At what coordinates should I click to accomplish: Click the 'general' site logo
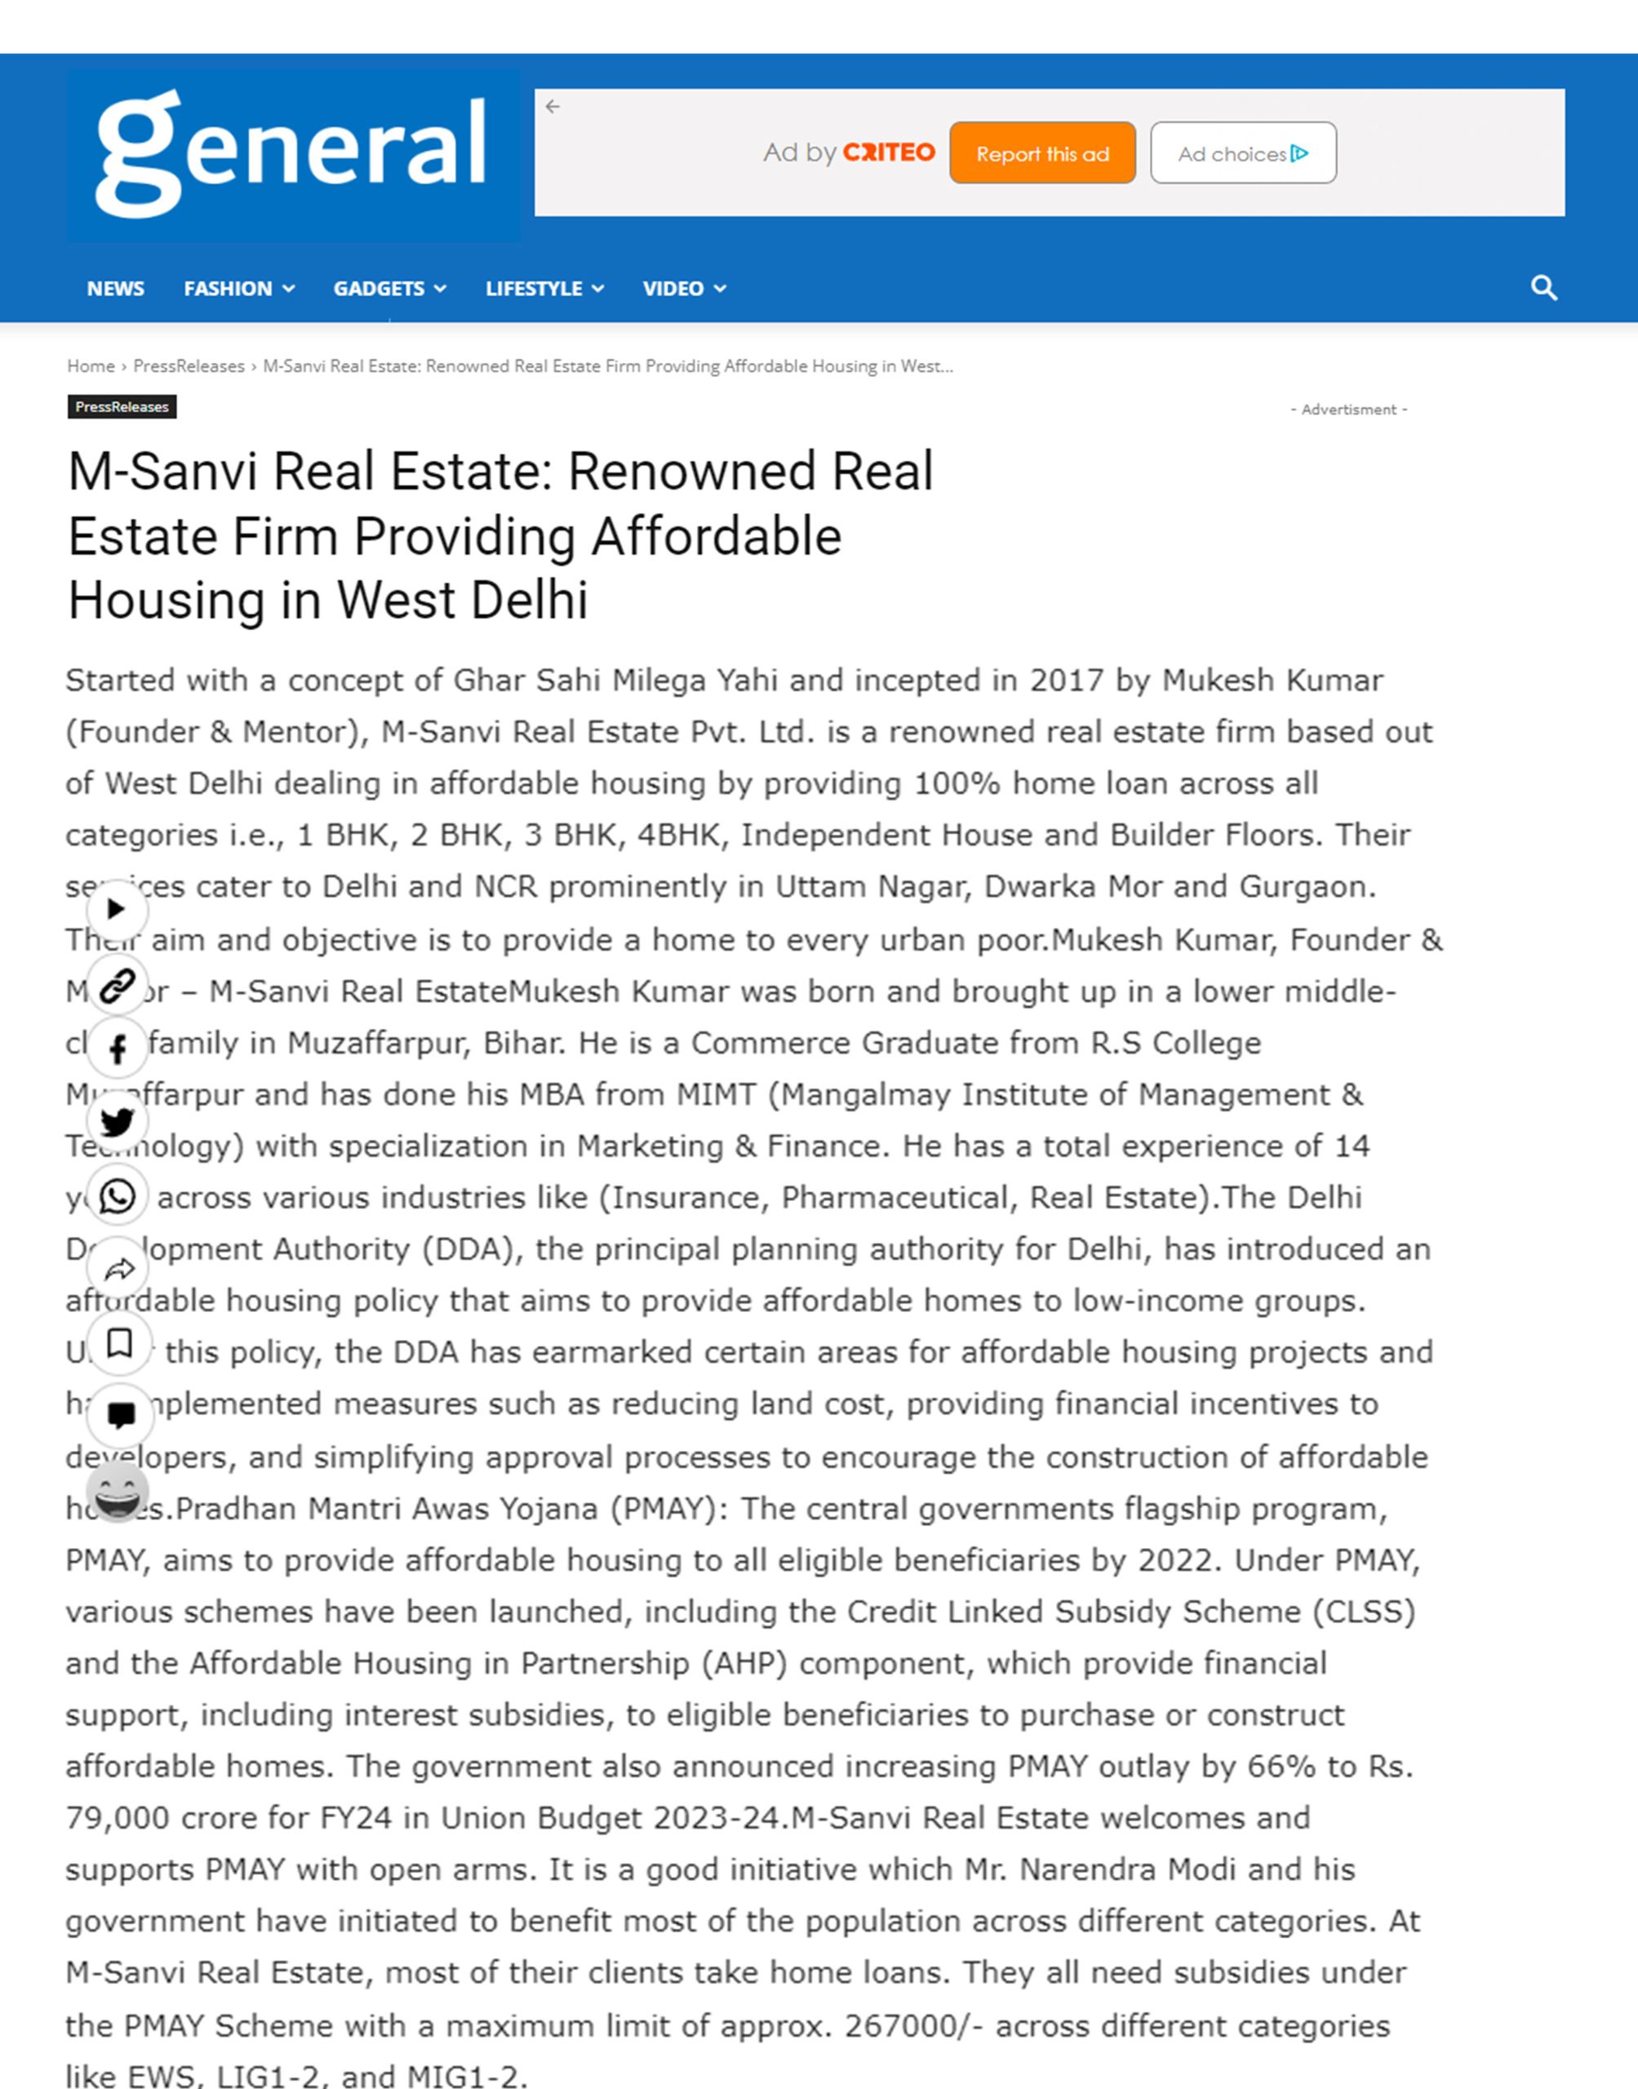coord(291,153)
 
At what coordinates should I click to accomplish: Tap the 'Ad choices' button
coord(1242,153)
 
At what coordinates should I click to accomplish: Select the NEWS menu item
coord(115,289)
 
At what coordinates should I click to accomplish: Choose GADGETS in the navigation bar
coord(388,289)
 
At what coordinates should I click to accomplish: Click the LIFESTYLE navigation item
coord(544,289)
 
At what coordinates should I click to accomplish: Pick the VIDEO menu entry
coord(683,289)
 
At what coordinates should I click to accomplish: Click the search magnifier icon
coord(1543,287)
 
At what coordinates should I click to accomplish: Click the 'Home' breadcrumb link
coord(90,366)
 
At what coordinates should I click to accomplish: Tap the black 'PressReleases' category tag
coord(122,407)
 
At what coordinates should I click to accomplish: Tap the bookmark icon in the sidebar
coord(119,1343)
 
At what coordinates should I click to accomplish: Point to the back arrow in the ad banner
coord(553,106)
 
